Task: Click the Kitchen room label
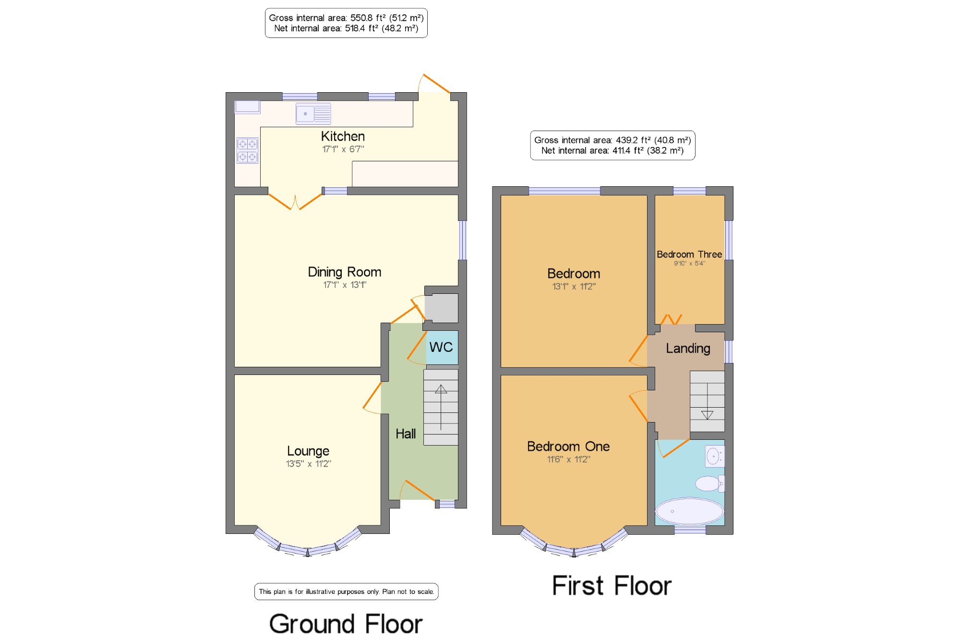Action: (343, 136)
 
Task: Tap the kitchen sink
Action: (313, 114)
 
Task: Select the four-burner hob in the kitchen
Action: (247, 150)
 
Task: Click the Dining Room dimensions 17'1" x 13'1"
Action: (345, 285)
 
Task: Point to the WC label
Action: (441, 347)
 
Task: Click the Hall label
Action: (406, 434)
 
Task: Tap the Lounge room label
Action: (308, 451)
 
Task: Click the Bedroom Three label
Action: (689, 254)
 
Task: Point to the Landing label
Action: (688, 349)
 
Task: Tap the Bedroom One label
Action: (568, 447)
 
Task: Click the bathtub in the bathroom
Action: (690, 511)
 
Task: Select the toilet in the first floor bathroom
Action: (710, 483)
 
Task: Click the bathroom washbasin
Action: (715, 456)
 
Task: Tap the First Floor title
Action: (612, 586)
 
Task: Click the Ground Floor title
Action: (346, 624)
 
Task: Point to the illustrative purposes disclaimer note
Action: (346, 592)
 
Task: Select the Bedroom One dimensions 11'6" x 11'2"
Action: (569, 459)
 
